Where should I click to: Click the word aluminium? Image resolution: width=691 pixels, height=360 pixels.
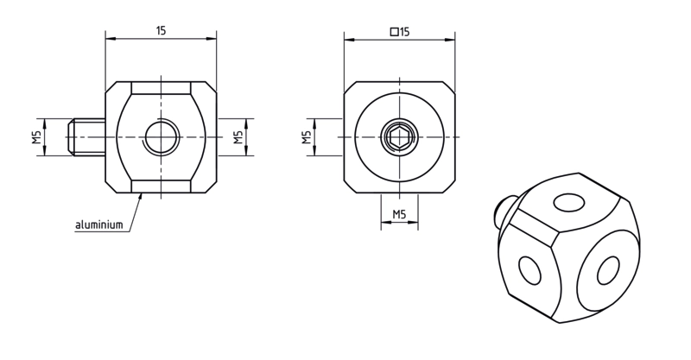pyautogui.click(x=99, y=224)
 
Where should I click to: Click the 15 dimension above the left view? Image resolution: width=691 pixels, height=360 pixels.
pyautogui.click(x=161, y=30)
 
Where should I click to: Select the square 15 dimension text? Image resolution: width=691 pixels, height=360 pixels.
pyautogui.click(x=400, y=32)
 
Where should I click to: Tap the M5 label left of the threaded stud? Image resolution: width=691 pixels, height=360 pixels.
pyautogui.click(x=36, y=137)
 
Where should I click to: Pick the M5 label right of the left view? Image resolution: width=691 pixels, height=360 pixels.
pyautogui.click(x=238, y=137)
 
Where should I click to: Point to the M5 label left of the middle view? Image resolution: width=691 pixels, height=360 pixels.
pyautogui.click(x=307, y=137)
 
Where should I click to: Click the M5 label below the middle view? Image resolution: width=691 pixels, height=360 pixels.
pyautogui.click(x=399, y=214)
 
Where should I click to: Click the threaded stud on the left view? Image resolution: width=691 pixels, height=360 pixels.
pyautogui.click(x=86, y=137)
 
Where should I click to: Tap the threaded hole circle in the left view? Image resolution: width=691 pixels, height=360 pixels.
pyautogui.click(x=162, y=137)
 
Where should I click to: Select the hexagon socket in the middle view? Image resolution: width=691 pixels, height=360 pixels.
pyautogui.click(x=399, y=137)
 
